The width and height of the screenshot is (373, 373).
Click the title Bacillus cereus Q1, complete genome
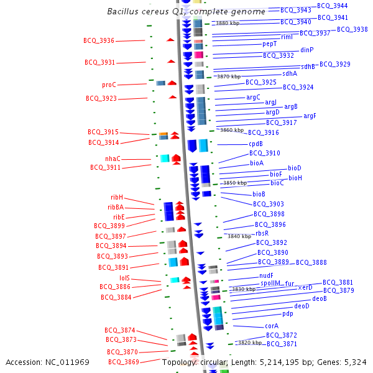point(186,11)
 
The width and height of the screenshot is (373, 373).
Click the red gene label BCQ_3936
point(99,40)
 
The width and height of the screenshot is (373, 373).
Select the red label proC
point(109,85)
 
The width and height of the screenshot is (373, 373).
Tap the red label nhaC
point(113,159)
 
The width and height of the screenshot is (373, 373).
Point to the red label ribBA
point(116,207)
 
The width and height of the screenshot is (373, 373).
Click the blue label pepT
point(269,44)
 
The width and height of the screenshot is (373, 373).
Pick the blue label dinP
point(307,50)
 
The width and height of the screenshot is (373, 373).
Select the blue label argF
point(310,116)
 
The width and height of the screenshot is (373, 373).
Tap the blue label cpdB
point(256,144)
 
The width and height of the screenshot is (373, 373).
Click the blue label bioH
point(295,178)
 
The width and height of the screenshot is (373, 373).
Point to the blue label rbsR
point(262,233)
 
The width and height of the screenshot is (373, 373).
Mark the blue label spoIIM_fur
point(277,283)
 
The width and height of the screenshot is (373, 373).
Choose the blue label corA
point(272,325)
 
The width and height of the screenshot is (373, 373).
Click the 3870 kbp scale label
point(228,76)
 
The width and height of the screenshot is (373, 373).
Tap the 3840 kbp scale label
point(239,236)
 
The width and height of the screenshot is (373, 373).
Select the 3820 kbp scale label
point(251,343)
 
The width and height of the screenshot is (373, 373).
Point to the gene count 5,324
point(355,362)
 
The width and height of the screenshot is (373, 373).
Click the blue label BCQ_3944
point(333,5)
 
